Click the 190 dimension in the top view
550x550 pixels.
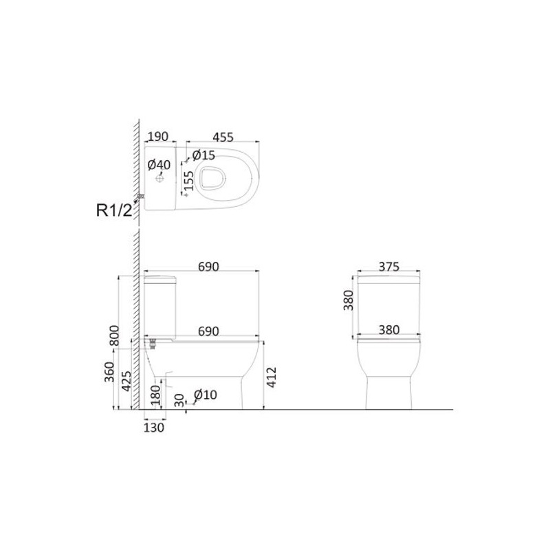158,136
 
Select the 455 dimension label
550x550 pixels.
223,137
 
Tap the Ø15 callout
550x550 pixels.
203,155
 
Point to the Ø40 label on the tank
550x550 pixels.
159,164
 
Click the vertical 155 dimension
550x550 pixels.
188,181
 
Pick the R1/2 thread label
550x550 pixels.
114,210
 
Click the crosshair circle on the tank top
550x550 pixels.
159,179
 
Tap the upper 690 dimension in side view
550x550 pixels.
208,267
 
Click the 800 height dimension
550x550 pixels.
115,335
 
